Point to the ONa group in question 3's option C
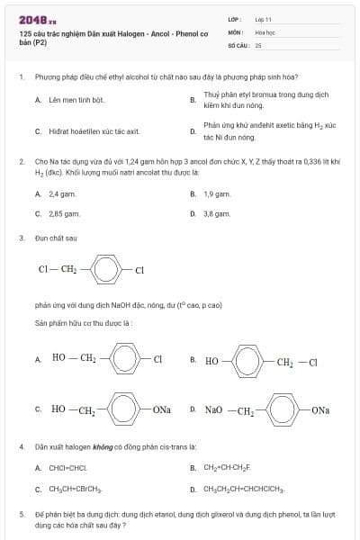[x=162, y=410]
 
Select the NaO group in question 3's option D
[x=213, y=410]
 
